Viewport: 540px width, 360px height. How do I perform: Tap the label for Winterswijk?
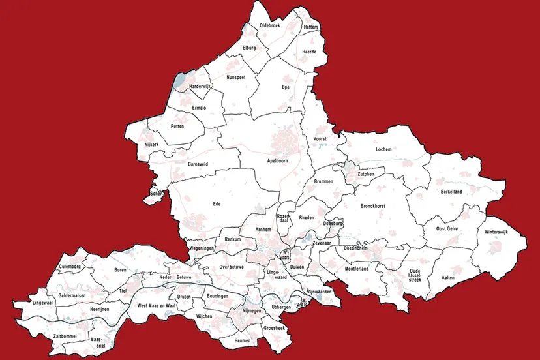(x=496, y=232)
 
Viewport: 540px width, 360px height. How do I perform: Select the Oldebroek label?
(x=270, y=25)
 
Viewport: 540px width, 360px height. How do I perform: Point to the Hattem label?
(x=311, y=27)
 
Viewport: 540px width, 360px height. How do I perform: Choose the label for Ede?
(x=217, y=204)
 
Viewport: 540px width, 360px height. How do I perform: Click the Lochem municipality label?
(x=383, y=149)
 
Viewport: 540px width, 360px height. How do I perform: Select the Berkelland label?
(x=451, y=192)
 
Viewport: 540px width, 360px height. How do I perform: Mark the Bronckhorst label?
(x=373, y=206)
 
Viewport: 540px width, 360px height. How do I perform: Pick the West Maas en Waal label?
(x=157, y=305)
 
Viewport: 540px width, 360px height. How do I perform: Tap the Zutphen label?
(x=366, y=174)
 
